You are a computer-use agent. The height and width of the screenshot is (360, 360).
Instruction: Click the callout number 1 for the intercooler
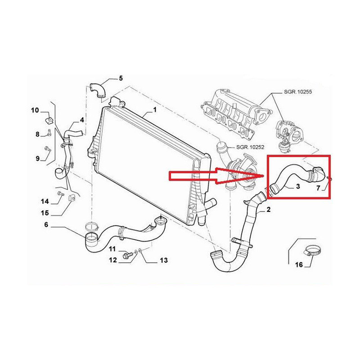pyautogui.click(x=155, y=110)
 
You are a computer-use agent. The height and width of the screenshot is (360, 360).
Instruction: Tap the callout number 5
pyautogui.click(x=121, y=78)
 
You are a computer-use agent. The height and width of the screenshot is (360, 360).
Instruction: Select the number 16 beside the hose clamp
pyautogui.click(x=299, y=265)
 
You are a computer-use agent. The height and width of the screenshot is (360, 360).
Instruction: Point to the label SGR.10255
pyautogui.click(x=298, y=92)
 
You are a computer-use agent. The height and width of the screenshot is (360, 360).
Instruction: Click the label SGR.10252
pyautogui.click(x=250, y=147)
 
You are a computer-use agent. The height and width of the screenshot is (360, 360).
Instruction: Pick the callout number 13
pyautogui.click(x=164, y=261)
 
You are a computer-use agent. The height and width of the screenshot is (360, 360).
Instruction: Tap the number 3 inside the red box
pyautogui.click(x=298, y=186)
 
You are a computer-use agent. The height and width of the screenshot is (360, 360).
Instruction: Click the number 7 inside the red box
pyautogui.click(x=318, y=188)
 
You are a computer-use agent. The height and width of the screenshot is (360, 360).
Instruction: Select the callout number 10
pyautogui.click(x=35, y=110)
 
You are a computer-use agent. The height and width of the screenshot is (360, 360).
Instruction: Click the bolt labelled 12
pyautogui.click(x=128, y=255)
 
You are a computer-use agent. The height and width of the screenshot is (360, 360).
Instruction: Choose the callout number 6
pyautogui.click(x=46, y=225)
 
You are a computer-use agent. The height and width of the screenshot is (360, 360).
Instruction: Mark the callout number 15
pyautogui.click(x=45, y=213)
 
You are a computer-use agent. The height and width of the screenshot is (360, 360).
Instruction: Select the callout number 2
pyautogui.click(x=268, y=210)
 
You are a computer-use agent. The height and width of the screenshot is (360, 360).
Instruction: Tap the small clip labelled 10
pyautogui.click(x=48, y=120)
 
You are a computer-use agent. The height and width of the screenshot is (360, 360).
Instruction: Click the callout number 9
pyautogui.click(x=38, y=158)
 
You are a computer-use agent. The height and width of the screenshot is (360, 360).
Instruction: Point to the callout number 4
pyautogui.click(x=82, y=120)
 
